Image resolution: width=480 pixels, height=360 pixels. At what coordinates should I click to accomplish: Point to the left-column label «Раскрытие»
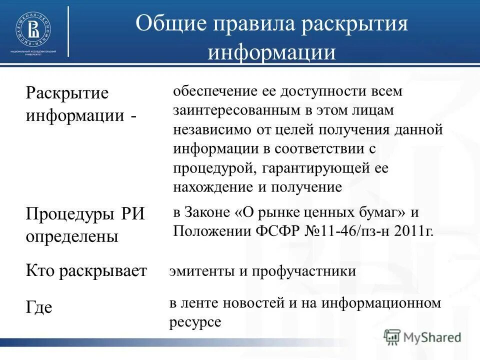click(x=67, y=93)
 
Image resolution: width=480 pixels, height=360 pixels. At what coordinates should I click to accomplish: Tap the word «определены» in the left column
click(x=72, y=235)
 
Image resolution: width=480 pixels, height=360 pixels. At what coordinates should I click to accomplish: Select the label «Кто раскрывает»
click(x=86, y=271)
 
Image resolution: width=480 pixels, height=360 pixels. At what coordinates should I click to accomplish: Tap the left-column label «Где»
click(x=39, y=307)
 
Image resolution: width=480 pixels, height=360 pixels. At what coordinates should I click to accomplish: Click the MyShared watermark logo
click(x=422, y=336)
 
